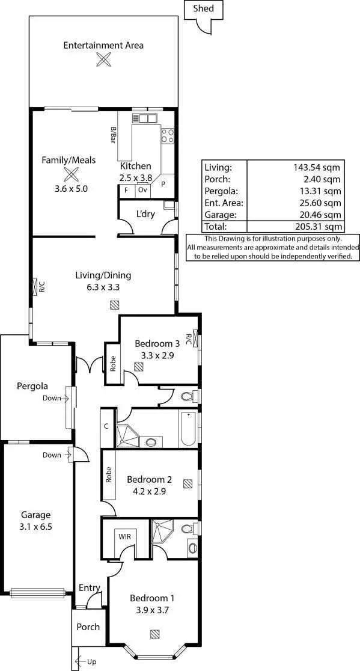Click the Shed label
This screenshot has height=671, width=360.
coord(203,8)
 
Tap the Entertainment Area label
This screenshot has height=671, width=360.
coord(103,45)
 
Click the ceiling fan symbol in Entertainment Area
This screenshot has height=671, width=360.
coord(104,59)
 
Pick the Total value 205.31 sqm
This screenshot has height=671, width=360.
coord(318,227)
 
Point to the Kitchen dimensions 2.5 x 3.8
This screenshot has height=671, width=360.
coord(136,178)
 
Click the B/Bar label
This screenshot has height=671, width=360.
coord(112,135)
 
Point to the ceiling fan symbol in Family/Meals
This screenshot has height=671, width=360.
coord(72,174)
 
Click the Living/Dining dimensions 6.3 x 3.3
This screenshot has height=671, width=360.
coord(103,287)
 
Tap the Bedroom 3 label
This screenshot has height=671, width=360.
coord(157,343)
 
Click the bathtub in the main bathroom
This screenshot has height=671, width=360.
coord(188,428)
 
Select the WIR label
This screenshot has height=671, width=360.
coord(125,536)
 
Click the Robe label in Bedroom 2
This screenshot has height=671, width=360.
coord(109,476)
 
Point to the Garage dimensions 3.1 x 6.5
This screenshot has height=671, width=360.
coord(35,527)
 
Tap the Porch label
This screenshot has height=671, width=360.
coord(88,627)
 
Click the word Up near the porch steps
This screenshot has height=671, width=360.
coord(91,661)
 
